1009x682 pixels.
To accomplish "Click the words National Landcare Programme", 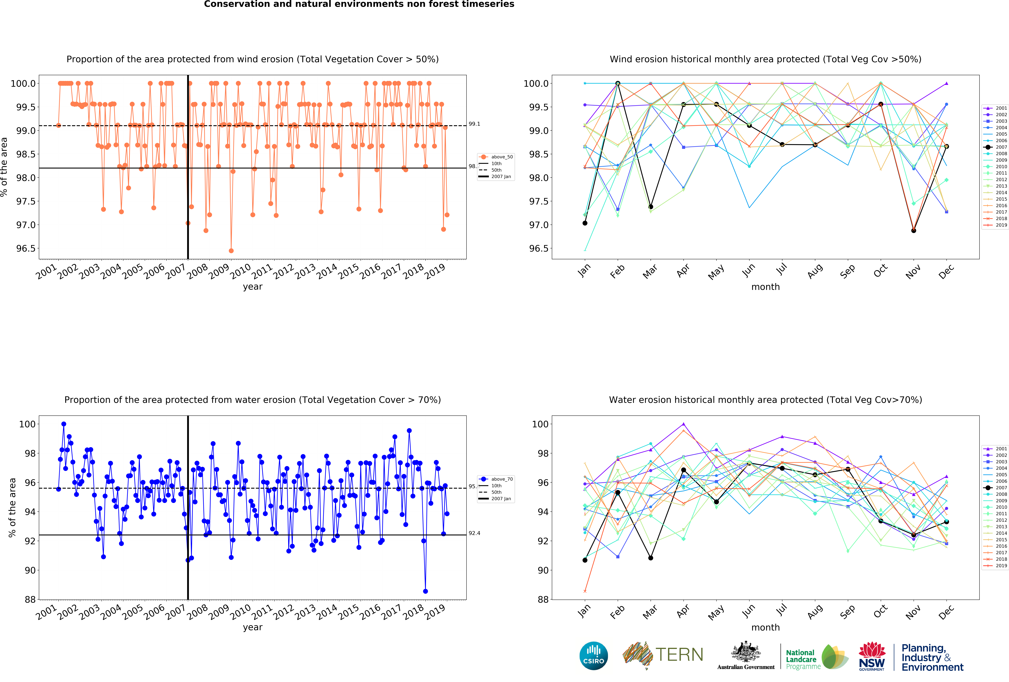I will click(x=803, y=659).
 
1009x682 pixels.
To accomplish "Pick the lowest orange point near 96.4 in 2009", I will click(x=231, y=251).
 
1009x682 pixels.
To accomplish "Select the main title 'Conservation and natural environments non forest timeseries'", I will click(x=359, y=4).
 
